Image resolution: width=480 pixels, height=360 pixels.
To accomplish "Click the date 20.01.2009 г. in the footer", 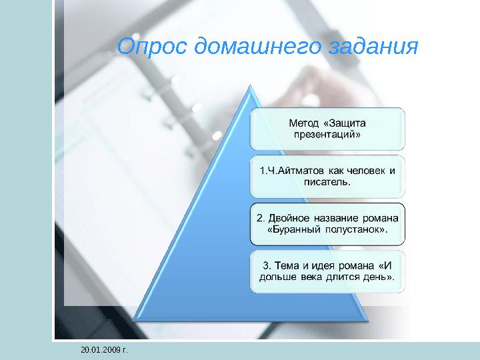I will click(103, 349).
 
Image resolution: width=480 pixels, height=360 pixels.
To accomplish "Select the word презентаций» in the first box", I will click(327, 135).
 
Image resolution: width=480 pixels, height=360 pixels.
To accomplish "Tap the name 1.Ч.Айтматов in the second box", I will click(287, 170).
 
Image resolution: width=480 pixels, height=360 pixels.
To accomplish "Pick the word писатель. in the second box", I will click(327, 181).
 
